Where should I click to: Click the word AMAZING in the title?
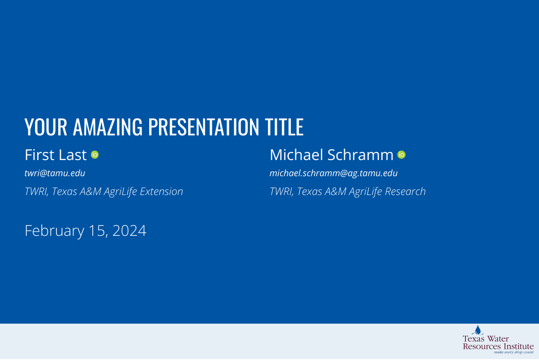tap(108, 127)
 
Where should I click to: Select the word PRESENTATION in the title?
tap(203, 127)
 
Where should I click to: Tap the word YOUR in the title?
tap(46, 127)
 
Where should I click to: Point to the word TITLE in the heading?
tap(284, 127)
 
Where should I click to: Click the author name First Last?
tap(56, 155)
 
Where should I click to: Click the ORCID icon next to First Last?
tap(95, 155)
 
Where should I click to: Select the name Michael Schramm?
tap(332, 155)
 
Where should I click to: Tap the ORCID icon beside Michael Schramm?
tap(401, 155)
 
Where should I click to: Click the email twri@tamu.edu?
tap(55, 173)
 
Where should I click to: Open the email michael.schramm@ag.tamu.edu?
tap(333, 173)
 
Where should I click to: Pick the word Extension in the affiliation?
tap(161, 191)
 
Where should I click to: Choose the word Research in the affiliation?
tap(405, 191)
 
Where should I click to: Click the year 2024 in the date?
tap(129, 231)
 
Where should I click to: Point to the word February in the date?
tap(55, 231)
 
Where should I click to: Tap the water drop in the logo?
tap(478, 330)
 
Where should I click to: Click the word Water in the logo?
tap(498, 339)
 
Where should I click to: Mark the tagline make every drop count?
tap(514, 352)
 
